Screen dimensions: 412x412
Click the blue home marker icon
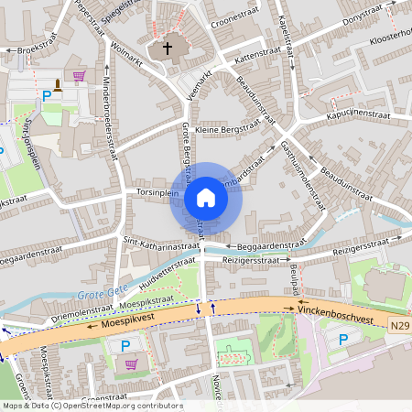tap(206, 197)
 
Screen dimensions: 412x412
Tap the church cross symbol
tap(168, 48)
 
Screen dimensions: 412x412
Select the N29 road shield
tap(398, 325)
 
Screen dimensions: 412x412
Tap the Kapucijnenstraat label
tap(358, 116)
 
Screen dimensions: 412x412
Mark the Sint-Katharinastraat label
tap(161, 244)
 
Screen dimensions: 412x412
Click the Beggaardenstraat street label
tap(269, 246)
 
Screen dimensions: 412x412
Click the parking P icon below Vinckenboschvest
tap(344, 340)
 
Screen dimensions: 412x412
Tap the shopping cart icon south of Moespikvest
tap(131, 363)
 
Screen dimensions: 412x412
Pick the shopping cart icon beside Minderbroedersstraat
tap(79, 76)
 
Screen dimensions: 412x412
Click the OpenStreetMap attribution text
tap(92, 406)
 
